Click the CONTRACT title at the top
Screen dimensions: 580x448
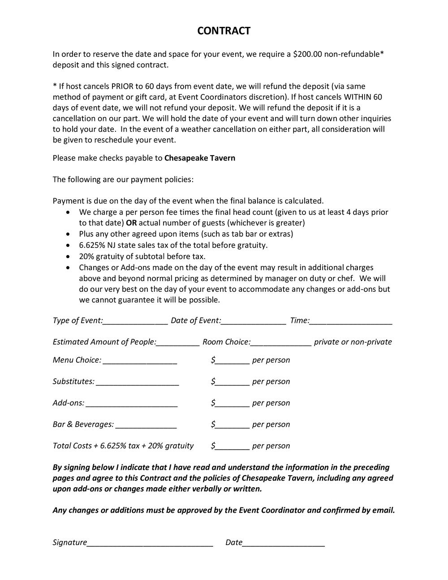tap(224, 30)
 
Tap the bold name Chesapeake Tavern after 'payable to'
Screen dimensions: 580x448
tap(200, 158)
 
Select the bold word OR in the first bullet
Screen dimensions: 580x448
tap(131, 223)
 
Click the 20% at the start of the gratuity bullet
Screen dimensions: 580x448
tap(86, 256)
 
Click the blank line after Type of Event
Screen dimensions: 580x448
tap(136, 321)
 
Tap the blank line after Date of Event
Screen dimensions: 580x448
tap(254, 321)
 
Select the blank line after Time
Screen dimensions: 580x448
tap(351, 321)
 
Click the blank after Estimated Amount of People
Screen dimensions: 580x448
tap(178, 343)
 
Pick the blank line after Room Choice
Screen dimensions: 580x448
tap(280, 343)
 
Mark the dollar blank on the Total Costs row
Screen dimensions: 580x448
tap(232, 447)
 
